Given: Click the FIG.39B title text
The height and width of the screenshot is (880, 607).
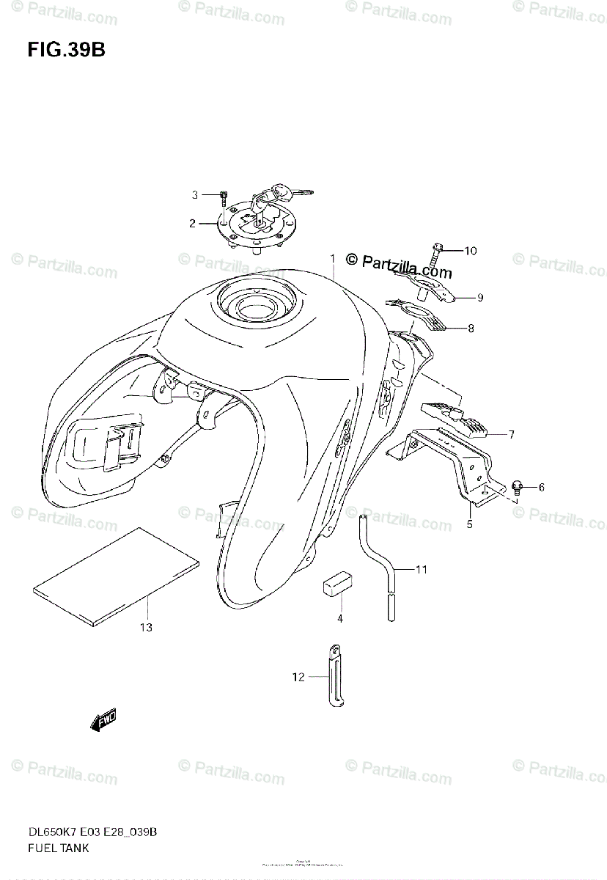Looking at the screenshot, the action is click(x=67, y=51).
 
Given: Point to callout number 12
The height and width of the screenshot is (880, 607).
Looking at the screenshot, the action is click(x=298, y=677).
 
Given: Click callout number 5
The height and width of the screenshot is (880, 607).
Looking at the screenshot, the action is click(x=469, y=524).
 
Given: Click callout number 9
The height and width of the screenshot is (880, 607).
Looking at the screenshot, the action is click(x=480, y=297).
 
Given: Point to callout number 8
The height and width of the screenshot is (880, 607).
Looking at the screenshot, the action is click(x=471, y=329).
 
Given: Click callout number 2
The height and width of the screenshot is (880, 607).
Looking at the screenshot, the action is click(x=192, y=224).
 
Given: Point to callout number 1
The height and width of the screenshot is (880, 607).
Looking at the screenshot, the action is click(x=332, y=259).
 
